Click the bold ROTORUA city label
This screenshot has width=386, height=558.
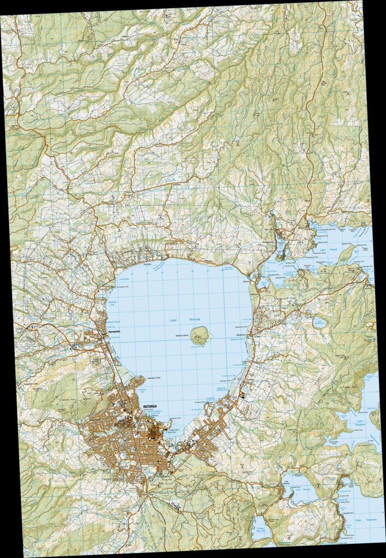pyautogui.click(x=150, y=407)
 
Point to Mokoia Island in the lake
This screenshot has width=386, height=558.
pyautogui.click(x=200, y=336)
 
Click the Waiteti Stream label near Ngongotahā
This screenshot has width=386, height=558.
pyautogui.click(x=114, y=322)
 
